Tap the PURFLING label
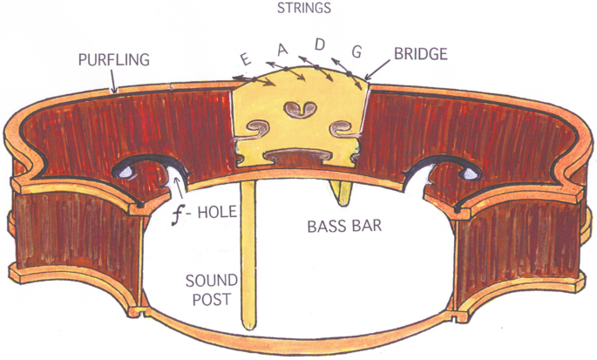[114, 59]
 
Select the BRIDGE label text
[418, 54]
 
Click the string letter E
[247, 59]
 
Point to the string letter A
[282, 51]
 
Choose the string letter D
[319, 43]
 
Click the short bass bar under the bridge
[342, 186]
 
